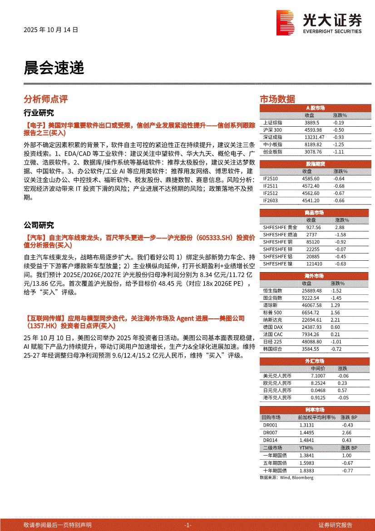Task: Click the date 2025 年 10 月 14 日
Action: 51,30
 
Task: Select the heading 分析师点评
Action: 45,99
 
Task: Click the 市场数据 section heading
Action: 277,99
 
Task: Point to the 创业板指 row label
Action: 272,152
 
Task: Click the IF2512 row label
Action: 270,193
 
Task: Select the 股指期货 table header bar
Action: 315,164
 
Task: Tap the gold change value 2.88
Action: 340,227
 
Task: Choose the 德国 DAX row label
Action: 273,327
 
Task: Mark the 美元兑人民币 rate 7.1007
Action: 318,376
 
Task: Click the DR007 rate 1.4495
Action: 307,433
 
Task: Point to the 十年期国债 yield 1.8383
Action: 307,471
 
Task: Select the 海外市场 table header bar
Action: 315,276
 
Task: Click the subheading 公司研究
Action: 39,225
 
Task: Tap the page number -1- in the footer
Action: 188,525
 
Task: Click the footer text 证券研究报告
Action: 336,525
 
